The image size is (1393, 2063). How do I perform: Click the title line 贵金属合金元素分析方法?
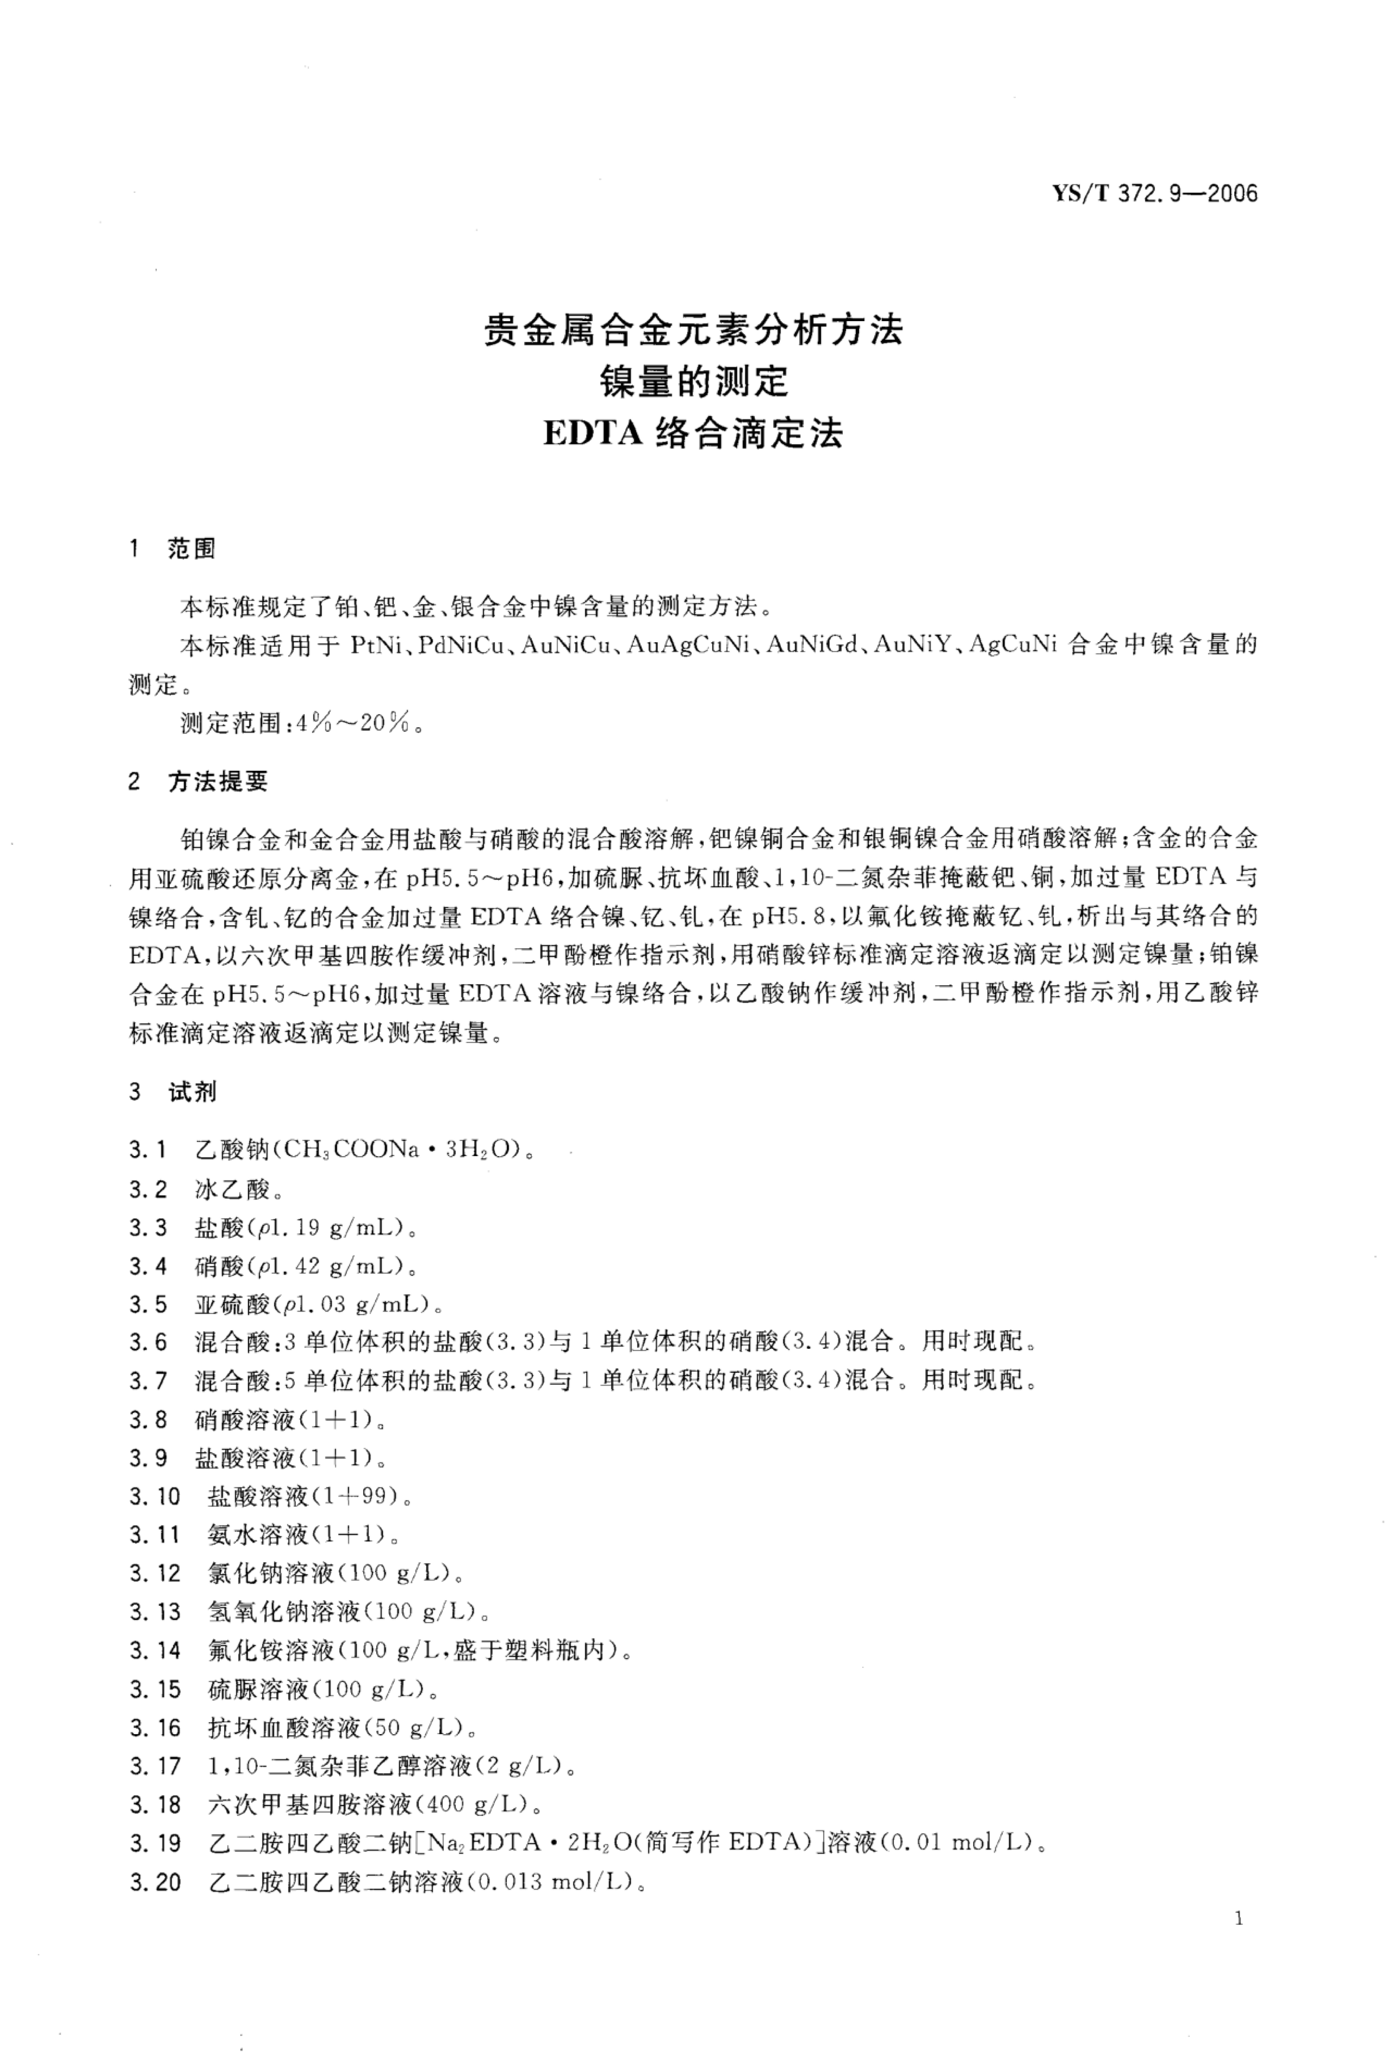click(x=693, y=330)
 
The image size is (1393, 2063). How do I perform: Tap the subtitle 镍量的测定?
click(x=693, y=383)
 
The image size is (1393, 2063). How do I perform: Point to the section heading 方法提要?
click(x=217, y=782)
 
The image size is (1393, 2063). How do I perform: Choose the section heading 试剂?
click(x=192, y=1092)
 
